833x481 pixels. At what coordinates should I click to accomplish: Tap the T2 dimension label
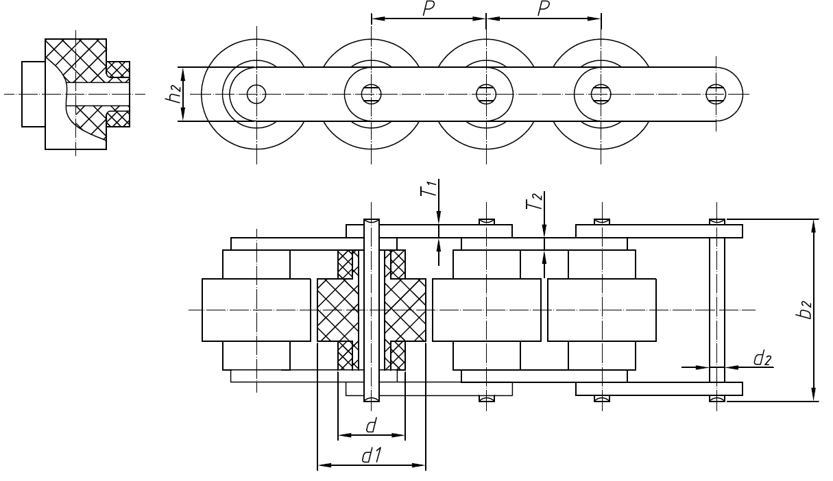point(537,201)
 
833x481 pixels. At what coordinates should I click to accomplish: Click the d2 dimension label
point(762,358)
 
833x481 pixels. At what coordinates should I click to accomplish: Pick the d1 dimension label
point(372,456)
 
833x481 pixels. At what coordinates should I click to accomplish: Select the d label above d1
point(371,426)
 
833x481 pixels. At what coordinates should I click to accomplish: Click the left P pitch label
point(429,9)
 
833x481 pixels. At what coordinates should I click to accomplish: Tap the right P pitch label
point(544,9)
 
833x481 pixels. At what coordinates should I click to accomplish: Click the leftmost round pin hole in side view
point(256,93)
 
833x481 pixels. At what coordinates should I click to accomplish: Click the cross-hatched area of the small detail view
point(75,62)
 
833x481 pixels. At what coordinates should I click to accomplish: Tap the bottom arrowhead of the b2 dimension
point(813,396)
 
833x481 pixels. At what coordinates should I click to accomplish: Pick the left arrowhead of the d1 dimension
point(322,466)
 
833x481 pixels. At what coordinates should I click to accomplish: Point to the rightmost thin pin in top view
point(716,310)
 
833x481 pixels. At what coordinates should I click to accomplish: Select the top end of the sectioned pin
point(371,221)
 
